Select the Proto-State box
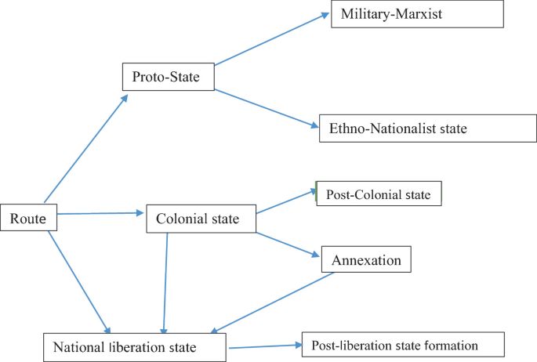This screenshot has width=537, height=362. (x=168, y=76)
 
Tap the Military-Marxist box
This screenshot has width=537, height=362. (x=416, y=15)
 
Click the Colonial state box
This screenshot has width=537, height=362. (x=202, y=219)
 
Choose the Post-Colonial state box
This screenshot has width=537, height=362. (x=379, y=193)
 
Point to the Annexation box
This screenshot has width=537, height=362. (x=366, y=260)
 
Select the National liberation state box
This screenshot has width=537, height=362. (x=135, y=346)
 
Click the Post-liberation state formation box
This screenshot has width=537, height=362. (x=402, y=345)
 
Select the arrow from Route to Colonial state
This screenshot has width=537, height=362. (x=100, y=212)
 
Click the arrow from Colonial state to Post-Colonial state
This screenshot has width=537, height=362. (x=286, y=201)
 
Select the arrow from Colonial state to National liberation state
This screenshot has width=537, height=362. (x=165, y=282)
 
